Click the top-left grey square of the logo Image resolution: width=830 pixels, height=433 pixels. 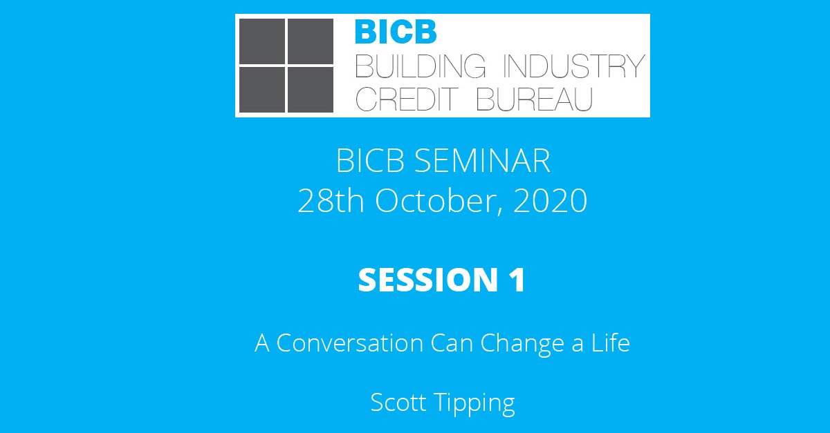click(261, 41)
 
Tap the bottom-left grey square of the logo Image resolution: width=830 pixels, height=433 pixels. click(261, 89)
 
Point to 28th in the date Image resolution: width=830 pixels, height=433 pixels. click(331, 202)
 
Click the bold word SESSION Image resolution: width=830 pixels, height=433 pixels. click(424, 280)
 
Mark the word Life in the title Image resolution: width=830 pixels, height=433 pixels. click(609, 343)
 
